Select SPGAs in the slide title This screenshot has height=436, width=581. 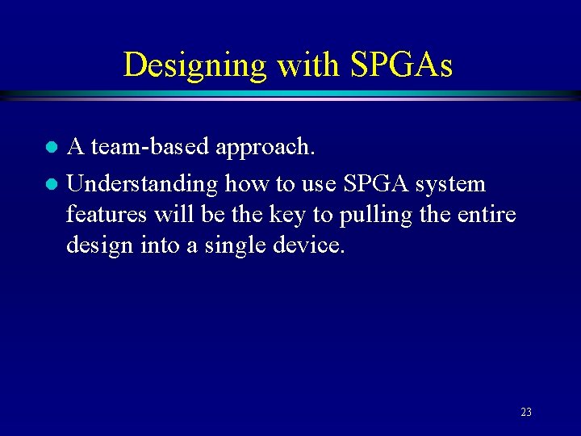click(x=402, y=65)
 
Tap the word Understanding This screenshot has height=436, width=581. click(x=142, y=185)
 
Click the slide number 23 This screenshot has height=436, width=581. click(x=526, y=413)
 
